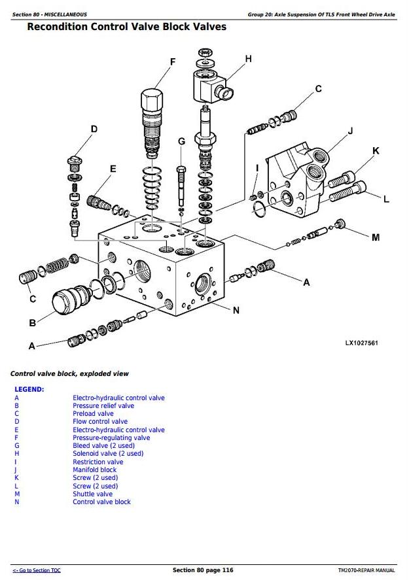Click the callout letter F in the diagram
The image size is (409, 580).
coord(173,62)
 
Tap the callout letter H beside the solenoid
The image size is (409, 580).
coord(248,59)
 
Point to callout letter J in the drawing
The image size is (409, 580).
coord(350,131)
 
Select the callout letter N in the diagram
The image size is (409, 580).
coord(236,310)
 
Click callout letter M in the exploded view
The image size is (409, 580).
coord(375,237)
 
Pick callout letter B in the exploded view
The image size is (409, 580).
coord(32,322)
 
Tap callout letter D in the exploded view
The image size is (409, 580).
coord(94,129)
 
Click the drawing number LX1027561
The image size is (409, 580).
coord(362,343)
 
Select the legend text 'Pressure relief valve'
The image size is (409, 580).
coord(103,405)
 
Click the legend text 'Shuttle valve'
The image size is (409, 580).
coord(92,494)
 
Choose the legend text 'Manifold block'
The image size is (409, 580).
coord(94,469)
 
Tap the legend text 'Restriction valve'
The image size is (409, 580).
coord(98,462)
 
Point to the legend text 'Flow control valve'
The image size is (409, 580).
coord(100,422)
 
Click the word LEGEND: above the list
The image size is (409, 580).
coord(29,389)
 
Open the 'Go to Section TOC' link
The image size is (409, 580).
coord(37,571)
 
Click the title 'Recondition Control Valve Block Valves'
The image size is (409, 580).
coord(127,27)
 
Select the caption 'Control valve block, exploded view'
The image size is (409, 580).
coord(69,373)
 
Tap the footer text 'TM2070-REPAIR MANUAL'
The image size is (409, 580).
coord(366,571)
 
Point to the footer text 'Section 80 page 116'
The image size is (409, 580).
coord(203,570)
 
